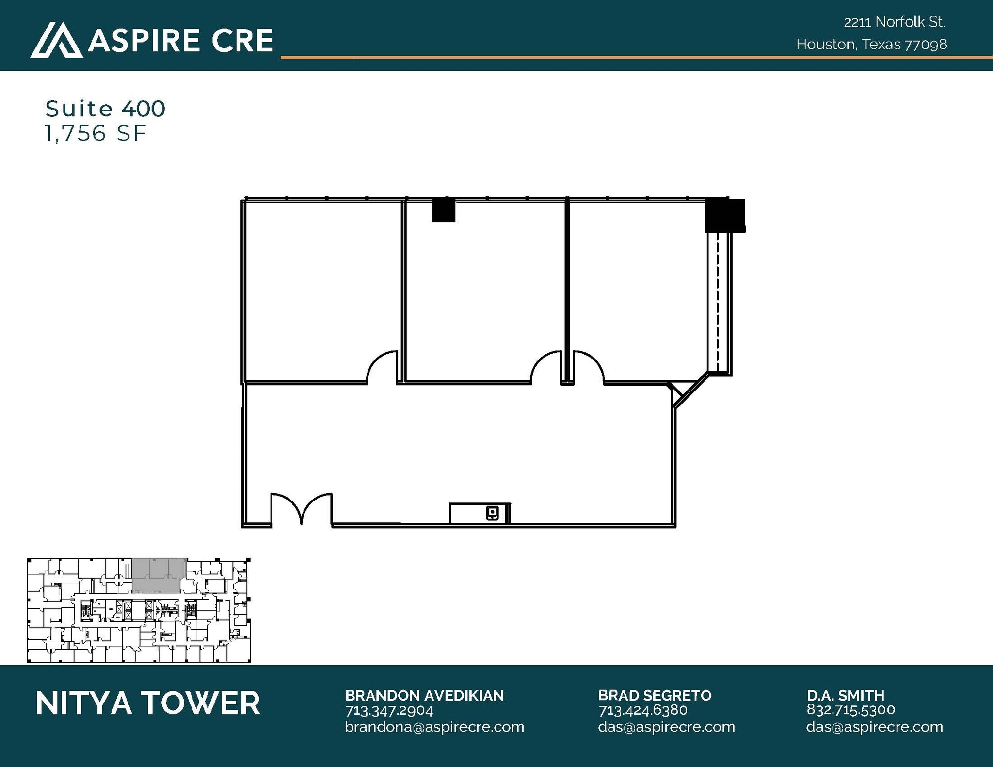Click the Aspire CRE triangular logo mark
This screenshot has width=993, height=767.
56,41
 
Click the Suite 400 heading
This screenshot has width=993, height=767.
105,109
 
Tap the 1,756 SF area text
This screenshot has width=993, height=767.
95,133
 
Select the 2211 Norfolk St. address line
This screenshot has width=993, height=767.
894,22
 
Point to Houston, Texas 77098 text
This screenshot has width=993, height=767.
871,45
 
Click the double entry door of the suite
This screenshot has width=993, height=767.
301,509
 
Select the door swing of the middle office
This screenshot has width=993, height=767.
546,367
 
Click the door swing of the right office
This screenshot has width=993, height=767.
588,367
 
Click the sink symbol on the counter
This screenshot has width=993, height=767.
492,513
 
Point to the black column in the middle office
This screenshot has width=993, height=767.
443,211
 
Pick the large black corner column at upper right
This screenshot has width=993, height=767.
724,215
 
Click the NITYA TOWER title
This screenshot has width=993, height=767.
148,704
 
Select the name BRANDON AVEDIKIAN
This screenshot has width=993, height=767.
424,696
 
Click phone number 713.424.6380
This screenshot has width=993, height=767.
642,710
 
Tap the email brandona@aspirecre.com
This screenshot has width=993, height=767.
434,727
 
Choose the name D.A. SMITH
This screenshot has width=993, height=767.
845,696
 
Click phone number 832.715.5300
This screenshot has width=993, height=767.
850,710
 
